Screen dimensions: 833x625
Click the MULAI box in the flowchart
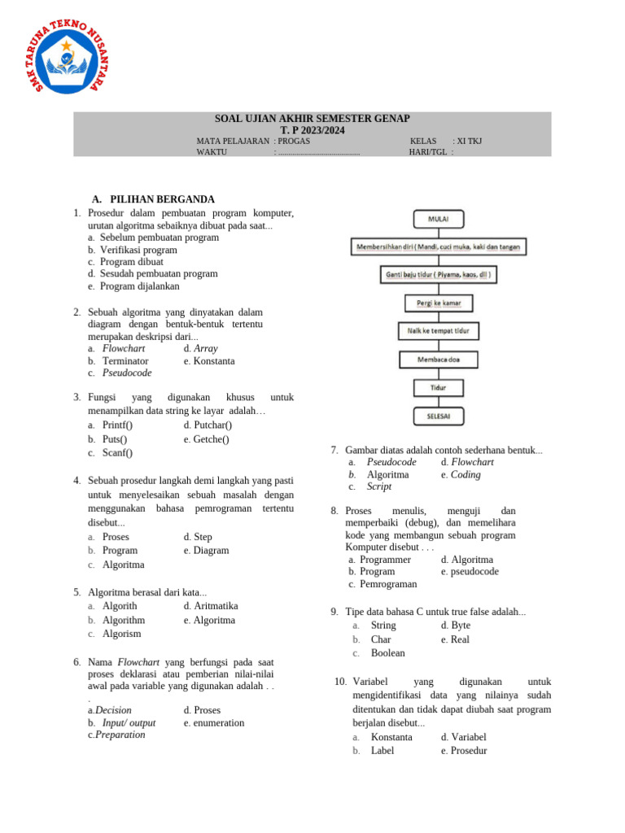439,218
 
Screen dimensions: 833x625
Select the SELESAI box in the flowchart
439,416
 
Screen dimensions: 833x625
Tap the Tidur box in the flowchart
439,387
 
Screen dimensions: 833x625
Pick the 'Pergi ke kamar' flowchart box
439,303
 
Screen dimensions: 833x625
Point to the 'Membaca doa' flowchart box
439,359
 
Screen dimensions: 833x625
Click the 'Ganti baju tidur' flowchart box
439,275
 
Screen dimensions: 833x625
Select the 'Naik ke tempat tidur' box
439,331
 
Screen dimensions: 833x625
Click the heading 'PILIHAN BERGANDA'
162,199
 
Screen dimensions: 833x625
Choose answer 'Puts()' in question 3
115,439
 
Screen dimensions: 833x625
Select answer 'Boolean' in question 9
387,653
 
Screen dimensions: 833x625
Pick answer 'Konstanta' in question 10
391,737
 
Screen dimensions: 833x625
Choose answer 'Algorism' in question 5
121,634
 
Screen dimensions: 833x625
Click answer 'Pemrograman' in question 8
388,584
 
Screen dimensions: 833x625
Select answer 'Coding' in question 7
465,474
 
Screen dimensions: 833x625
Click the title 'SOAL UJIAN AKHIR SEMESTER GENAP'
312,119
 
